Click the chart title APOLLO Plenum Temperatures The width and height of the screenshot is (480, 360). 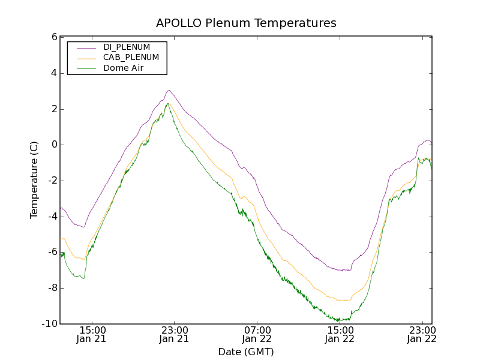(246, 23)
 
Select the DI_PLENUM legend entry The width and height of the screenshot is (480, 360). (127, 47)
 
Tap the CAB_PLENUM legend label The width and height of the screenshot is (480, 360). (131, 58)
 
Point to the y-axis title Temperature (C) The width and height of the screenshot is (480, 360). (34, 180)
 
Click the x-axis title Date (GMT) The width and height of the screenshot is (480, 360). (246, 352)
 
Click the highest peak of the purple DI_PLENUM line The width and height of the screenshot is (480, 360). (169, 91)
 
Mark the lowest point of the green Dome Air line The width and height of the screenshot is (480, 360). (339, 321)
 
